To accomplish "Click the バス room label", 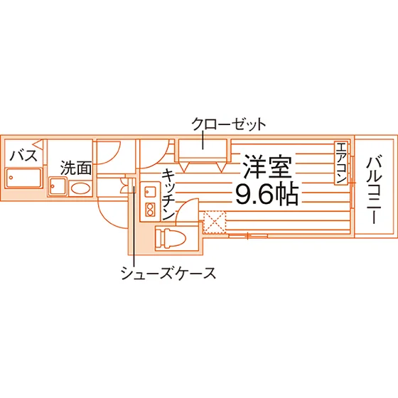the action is point(23,156).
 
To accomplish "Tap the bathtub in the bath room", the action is point(23,178).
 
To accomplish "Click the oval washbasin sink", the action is point(80,188).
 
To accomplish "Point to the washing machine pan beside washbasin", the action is point(58,186).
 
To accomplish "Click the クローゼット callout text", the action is point(228,124).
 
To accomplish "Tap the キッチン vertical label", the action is point(168,194).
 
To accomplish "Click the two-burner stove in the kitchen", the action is point(150,210).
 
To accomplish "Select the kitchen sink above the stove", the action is point(150,191).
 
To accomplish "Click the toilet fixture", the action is point(171,238).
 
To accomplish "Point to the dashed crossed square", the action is point(215,222).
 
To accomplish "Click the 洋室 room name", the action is point(267,167).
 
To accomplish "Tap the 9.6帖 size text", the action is point(267,195).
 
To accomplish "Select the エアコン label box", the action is point(341,163).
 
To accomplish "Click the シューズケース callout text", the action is point(168,273).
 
